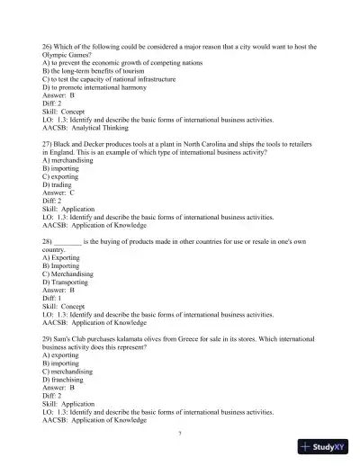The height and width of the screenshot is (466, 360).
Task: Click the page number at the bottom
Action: pos(180,433)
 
